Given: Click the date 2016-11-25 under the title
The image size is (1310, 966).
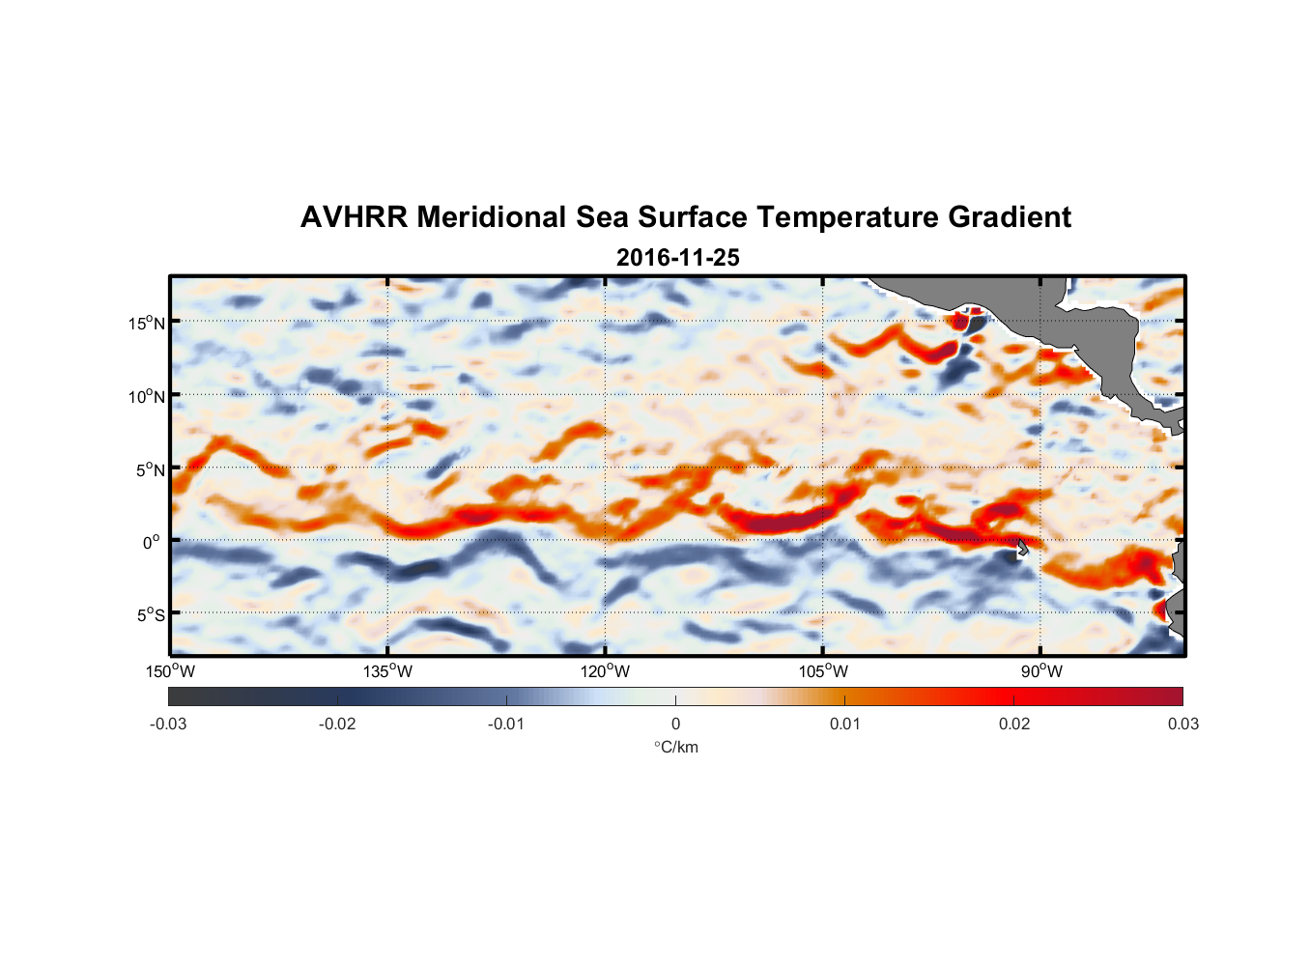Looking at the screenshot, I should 677,257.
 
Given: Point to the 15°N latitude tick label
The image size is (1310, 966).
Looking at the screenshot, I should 147,323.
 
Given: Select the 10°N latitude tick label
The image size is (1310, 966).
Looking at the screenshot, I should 147,396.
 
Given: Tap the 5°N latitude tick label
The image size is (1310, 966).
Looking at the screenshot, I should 150,469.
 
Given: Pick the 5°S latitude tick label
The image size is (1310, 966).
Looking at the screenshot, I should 150,614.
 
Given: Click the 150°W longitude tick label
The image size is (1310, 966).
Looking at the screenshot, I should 171,671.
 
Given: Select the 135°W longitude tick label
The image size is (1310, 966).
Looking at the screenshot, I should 388,671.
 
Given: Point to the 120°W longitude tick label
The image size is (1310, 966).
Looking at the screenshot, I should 606,671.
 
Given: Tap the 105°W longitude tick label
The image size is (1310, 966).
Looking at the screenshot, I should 823,671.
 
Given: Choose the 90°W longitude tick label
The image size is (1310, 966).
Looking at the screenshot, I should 1041,671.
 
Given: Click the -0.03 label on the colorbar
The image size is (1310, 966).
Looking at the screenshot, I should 168,724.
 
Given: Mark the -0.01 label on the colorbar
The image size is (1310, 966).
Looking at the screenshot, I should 506,724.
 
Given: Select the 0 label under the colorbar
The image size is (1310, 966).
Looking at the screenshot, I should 675,724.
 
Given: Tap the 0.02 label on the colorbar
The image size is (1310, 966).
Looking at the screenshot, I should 1014,724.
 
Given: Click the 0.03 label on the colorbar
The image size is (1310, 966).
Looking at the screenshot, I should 1182,724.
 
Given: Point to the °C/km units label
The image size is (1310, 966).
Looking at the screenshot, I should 675,747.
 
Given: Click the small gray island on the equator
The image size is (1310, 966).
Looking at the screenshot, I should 1022,548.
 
